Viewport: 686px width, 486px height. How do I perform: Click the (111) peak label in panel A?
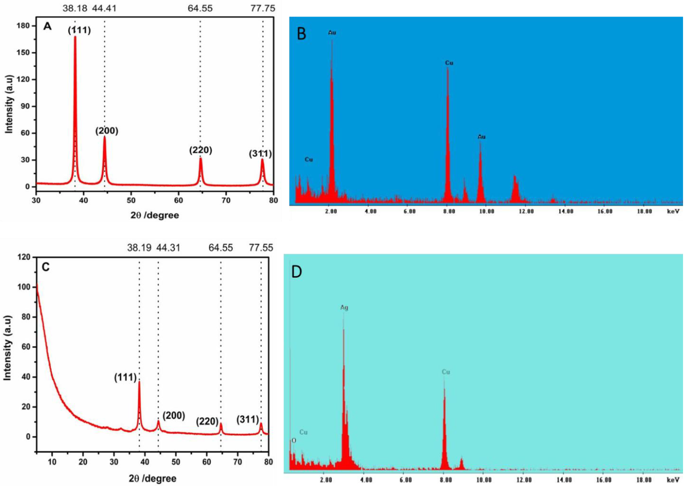pos(79,30)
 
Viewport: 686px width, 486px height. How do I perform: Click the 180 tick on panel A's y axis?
pos(24,26)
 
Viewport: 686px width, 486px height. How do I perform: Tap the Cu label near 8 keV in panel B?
pos(449,63)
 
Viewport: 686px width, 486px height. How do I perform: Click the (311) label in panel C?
pos(248,420)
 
